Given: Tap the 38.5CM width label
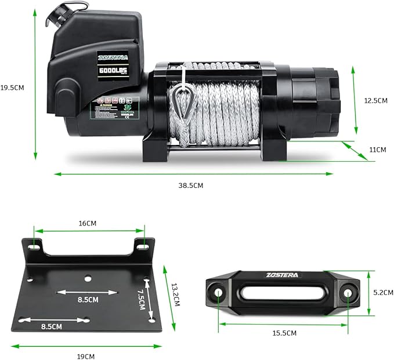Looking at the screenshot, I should click(x=191, y=186).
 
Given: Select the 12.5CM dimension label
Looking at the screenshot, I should click(x=375, y=100).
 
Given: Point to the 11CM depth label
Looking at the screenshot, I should click(x=377, y=150).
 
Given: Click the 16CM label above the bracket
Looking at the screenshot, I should click(x=86, y=223).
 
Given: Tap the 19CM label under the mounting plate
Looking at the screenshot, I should click(x=85, y=356).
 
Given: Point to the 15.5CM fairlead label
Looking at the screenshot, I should click(x=284, y=333).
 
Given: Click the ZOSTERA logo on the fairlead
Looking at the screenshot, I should click(x=283, y=275).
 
